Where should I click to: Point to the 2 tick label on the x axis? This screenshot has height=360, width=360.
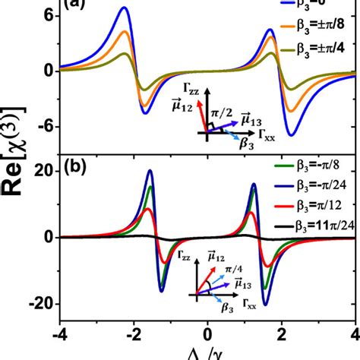281,335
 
